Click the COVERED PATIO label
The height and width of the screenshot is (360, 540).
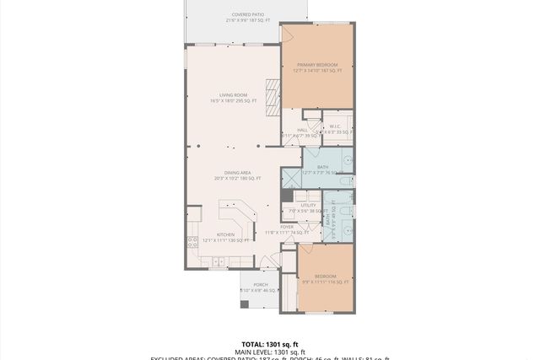click(x=247, y=14)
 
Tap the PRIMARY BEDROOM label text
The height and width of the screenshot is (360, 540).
click(x=316, y=64)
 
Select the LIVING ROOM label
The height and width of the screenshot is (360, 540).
click(x=232, y=95)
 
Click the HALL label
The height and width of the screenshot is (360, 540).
click(x=302, y=130)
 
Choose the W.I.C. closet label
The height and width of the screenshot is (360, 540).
click(x=334, y=126)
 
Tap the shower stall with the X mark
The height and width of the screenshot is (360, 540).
click(x=290, y=177)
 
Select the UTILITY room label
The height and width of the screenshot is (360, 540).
click(x=308, y=205)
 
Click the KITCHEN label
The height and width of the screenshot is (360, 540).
click(x=225, y=235)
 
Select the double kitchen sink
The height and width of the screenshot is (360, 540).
click(x=218, y=262)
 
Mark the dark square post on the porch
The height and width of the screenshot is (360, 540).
click(x=244, y=304)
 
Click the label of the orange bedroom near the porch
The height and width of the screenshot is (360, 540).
click(x=326, y=276)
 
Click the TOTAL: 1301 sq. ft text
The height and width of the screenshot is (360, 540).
click(x=270, y=345)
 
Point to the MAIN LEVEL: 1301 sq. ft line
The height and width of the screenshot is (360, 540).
click(x=270, y=352)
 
